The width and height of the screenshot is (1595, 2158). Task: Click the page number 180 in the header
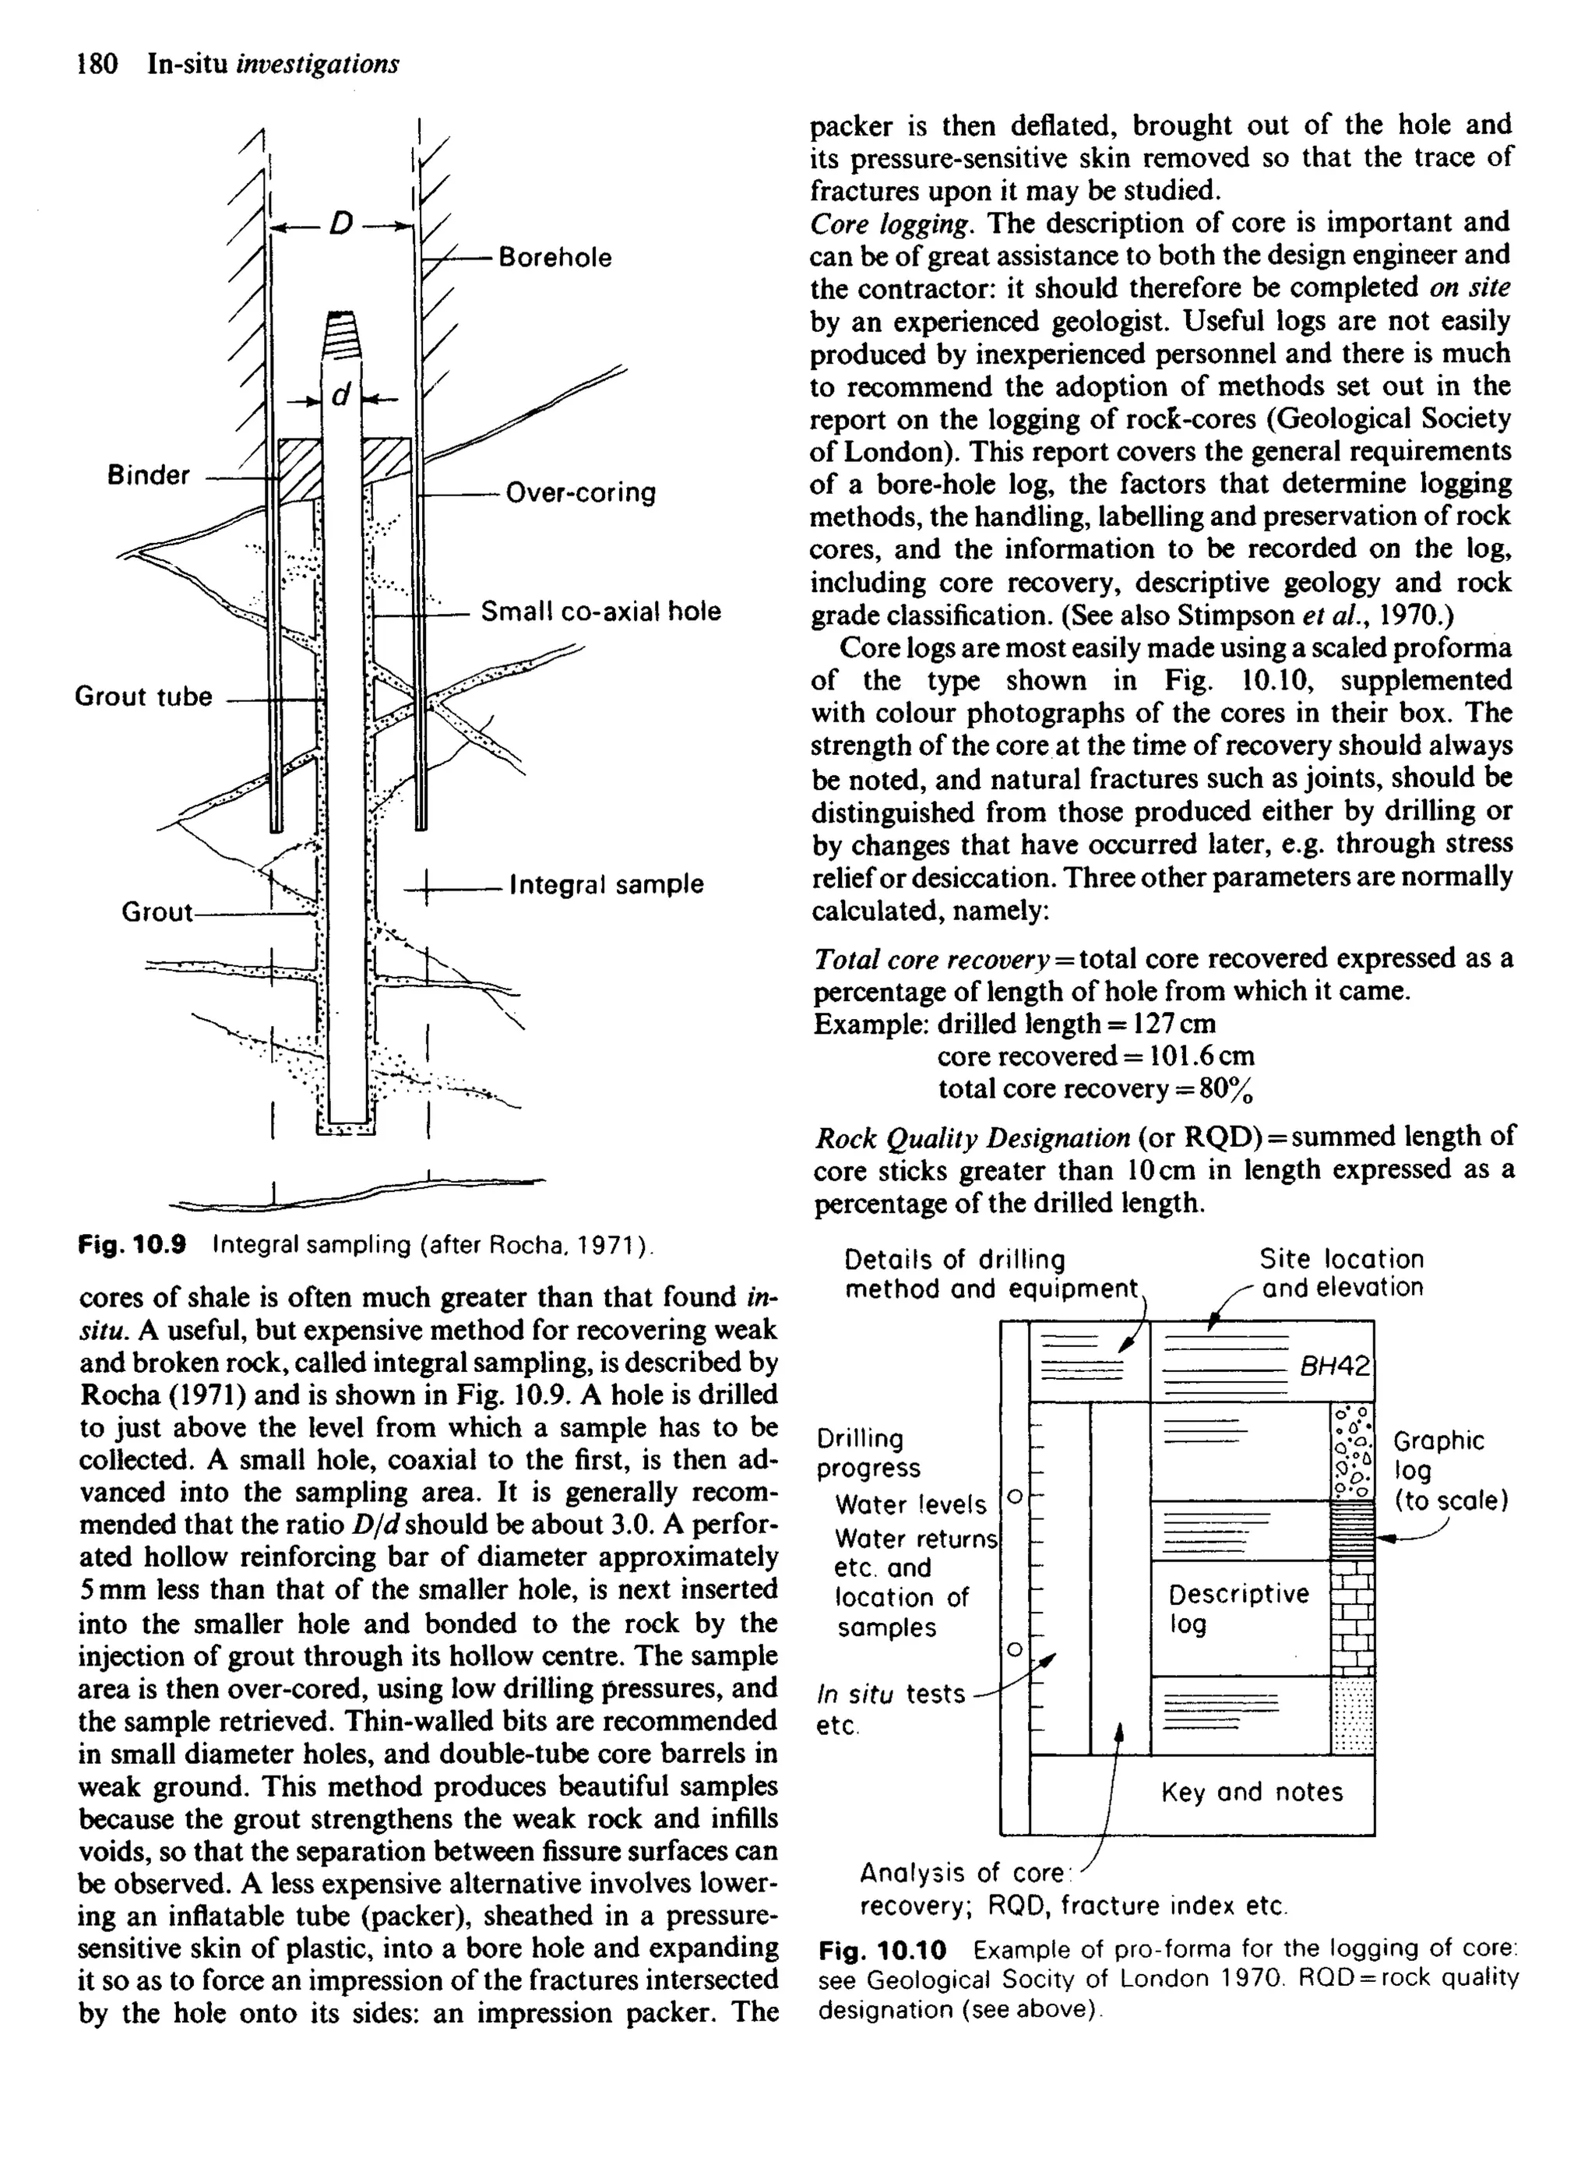(x=97, y=64)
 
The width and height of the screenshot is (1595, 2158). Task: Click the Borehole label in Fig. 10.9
(x=555, y=258)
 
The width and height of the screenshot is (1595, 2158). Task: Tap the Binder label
(x=149, y=475)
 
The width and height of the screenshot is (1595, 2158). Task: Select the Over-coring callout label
(x=580, y=492)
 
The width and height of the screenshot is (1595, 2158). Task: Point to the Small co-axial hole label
(x=600, y=612)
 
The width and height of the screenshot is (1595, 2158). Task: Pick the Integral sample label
(x=607, y=884)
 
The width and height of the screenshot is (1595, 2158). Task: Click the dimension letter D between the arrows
(x=341, y=225)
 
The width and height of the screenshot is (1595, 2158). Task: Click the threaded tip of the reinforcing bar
(x=342, y=334)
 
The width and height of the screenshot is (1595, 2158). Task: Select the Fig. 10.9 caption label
(x=132, y=1245)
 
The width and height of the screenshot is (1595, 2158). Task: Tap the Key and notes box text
(x=1252, y=1792)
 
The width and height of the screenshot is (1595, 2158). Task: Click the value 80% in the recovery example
(x=1227, y=1090)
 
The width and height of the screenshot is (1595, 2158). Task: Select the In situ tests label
(x=890, y=1694)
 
